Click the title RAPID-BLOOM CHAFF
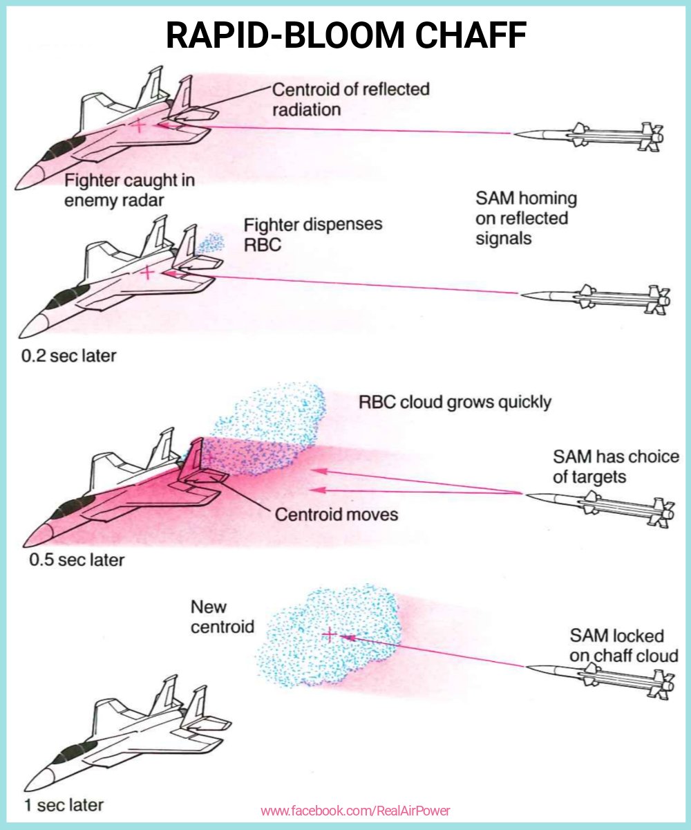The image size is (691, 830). click(x=346, y=35)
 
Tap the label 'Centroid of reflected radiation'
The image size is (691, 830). click(x=350, y=99)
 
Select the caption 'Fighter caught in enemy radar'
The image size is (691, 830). click(x=129, y=190)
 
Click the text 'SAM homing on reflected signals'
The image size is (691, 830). click(x=526, y=219)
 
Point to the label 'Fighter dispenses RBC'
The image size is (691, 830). click(x=312, y=235)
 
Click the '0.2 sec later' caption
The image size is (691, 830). click(x=68, y=357)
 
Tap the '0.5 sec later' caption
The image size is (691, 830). click(x=77, y=559)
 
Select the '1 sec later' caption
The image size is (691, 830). click(x=64, y=804)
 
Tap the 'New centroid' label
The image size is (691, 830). click(x=222, y=617)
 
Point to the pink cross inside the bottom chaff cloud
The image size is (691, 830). click(x=330, y=634)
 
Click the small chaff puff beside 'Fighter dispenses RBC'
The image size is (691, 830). click(x=211, y=243)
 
